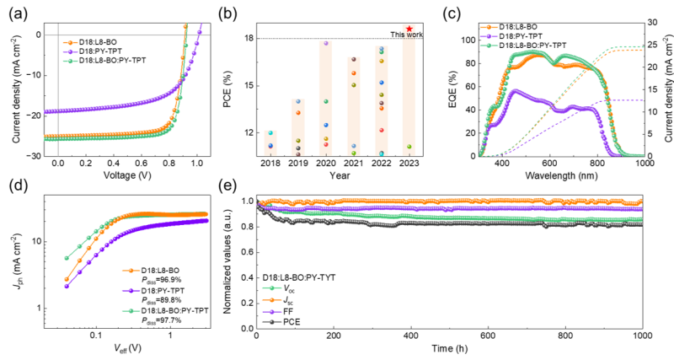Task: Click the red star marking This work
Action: tap(409, 29)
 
